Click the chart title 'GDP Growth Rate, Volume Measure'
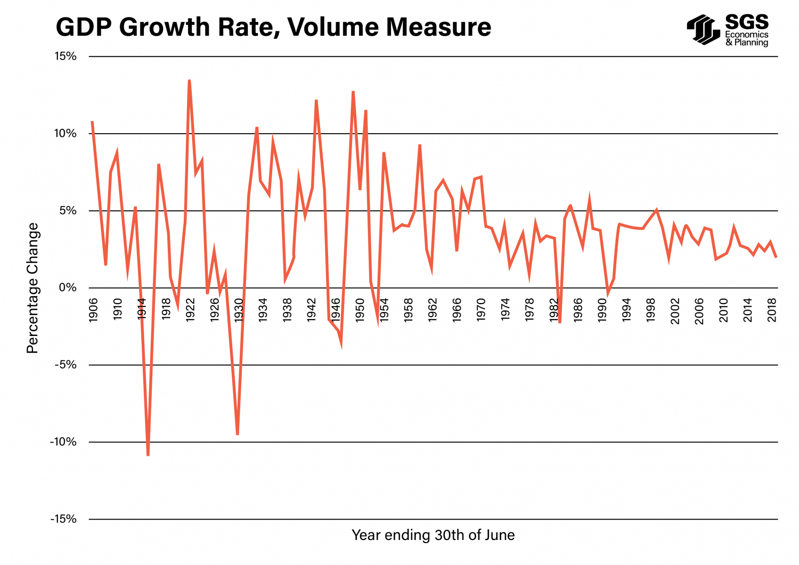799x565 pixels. (x=273, y=27)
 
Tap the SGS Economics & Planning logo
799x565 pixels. (x=728, y=30)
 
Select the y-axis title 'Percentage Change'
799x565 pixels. (x=33, y=288)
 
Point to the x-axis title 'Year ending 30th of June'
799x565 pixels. (x=433, y=535)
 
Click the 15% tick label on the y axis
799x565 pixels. (x=66, y=56)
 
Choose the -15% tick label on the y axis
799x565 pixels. (x=63, y=519)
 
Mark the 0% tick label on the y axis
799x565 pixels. (x=68, y=288)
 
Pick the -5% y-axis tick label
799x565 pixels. (x=66, y=365)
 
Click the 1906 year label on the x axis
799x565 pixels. (x=94, y=310)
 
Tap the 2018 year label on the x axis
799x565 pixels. (x=772, y=310)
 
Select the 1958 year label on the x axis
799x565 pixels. (x=409, y=310)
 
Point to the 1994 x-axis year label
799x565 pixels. (x=627, y=310)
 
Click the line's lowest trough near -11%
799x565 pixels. (x=148, y=455)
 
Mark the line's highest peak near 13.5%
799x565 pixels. (x=189, y=81)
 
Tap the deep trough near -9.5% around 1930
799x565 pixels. (x=237, y=434)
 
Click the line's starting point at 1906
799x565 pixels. (x=92, y=122)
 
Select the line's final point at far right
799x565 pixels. (x=776, y=257)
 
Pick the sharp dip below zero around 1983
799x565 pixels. (x=560, y=322)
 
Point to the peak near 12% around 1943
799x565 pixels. (x=316, y=101)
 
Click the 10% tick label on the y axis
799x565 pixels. (x=66, y=134)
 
